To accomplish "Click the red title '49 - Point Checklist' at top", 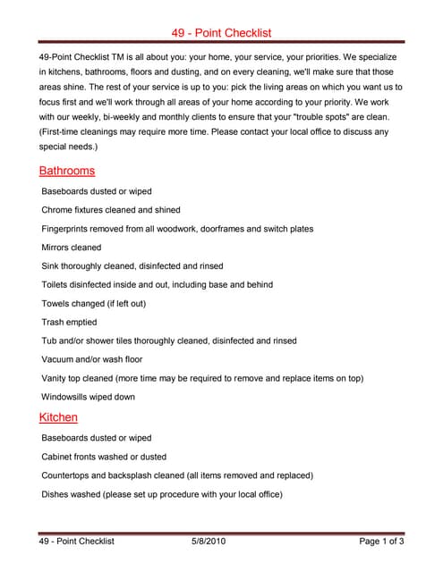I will [221, 32].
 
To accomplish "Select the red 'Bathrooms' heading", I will [67, 171].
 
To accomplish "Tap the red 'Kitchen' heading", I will [58, 417].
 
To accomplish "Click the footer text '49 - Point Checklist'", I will [77, 542].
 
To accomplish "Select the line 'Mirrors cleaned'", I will [72, 248].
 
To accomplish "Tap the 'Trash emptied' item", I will [69, 322].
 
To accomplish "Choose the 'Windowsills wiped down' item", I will [89, 397].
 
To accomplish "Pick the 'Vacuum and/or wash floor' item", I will [92, 359].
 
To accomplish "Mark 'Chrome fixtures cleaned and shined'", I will [111, 210].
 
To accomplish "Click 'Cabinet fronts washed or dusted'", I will [103, 457].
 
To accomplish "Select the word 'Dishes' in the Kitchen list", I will [56, 494].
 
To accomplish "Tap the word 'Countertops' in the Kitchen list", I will [67, 475].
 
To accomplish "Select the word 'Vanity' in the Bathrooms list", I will [55, 378].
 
